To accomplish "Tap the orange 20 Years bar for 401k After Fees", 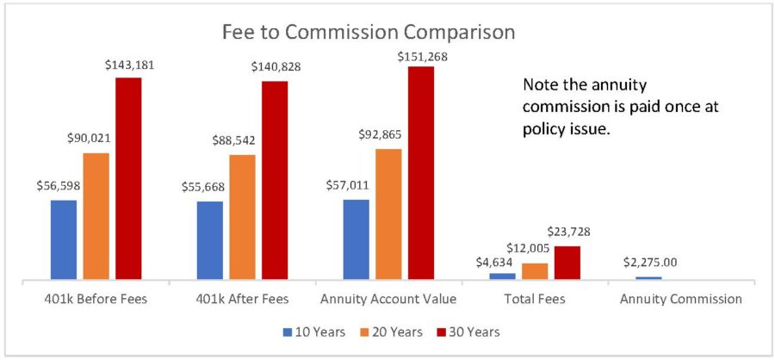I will click(x=242, y=217).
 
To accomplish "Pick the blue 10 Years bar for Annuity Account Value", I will click(x=356, y=239).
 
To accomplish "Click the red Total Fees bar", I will click(x=567, y=263).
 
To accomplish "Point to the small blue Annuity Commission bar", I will click(x=648, y=277).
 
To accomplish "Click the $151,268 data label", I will click(x=421, y=57).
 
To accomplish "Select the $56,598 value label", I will click(x=63, y=186).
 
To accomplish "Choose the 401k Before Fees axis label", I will click(x=95, y=300).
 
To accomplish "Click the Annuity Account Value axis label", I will click(x=387, y=300).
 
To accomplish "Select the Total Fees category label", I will click(x=535, y=300).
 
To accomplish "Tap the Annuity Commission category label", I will click(x=681, y=300).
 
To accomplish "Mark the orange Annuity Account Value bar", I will click(x=388, y=214).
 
